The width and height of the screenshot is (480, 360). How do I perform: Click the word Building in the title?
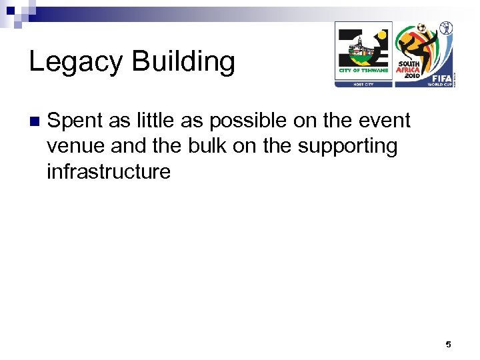point(183,62)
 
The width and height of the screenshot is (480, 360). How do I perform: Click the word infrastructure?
point(109,171)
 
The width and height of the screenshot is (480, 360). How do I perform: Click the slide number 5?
point(448,344)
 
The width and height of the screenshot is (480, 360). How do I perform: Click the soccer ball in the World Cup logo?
point(423,28)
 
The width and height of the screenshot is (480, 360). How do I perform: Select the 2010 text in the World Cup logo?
point(408,75)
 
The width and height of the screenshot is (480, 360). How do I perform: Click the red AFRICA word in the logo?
point(408,69)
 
